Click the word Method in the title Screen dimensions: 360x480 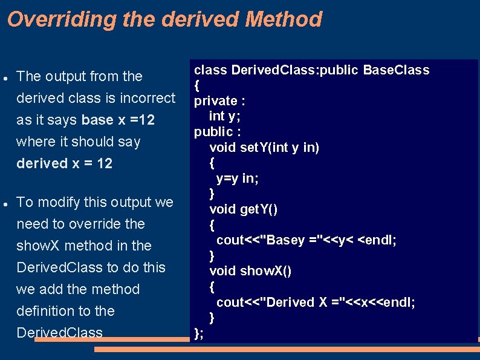tap(284, 20)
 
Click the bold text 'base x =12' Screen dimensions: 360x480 tap(118, 120)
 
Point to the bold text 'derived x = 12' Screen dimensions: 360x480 tap(65, 163)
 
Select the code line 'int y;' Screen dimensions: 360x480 tap(225, 116)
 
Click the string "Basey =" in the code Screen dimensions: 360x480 tap(285, 240)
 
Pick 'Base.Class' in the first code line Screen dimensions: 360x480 tap(396, 70)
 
